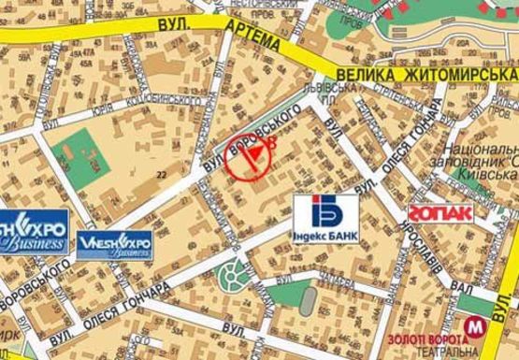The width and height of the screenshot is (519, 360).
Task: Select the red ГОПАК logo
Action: pos(440,212)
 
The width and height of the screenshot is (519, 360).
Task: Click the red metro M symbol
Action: pos(476,326)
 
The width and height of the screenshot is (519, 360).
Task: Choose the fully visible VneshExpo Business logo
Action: pos(116,244)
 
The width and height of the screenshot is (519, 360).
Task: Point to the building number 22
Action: pos(165,174)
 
